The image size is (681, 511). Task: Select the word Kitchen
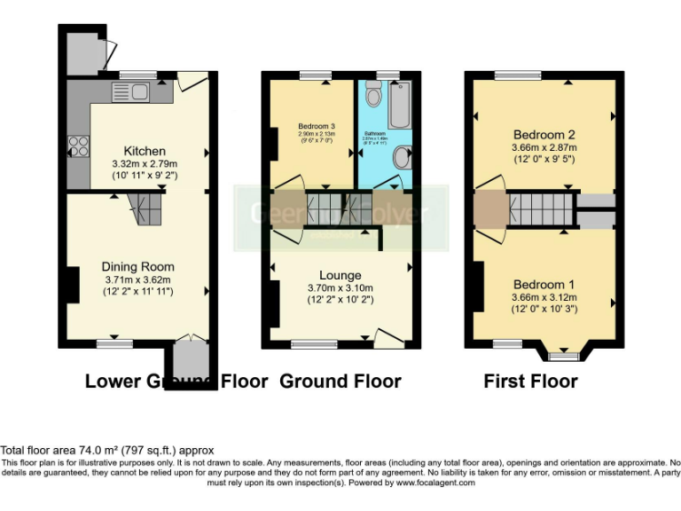(145, 152)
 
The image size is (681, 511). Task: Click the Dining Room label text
(137, 266)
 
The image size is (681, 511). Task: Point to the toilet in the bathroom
(373, 94)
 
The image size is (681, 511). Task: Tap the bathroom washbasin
(401, 158)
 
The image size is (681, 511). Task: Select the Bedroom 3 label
(310, 126)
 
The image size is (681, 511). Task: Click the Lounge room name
(340, 276)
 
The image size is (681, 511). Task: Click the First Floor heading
(530, 381)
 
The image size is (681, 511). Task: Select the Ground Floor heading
(340, 381)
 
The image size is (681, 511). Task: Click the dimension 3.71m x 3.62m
(137, 279)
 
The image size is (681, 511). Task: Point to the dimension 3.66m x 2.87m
(544, 147)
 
